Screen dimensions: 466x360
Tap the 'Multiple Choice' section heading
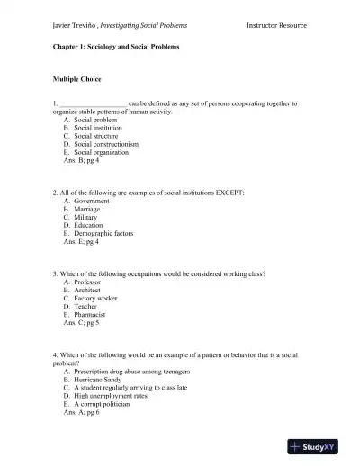[81, 79]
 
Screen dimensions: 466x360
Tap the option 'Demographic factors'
[103, 233]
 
